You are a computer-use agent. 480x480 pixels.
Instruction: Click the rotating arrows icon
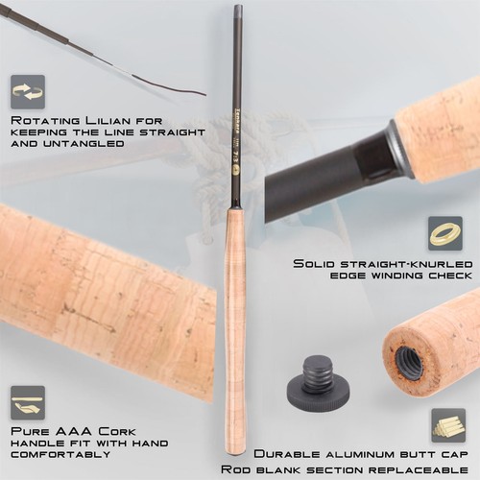[x=28, y=92]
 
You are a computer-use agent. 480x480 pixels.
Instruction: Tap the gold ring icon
[x=445, y=233]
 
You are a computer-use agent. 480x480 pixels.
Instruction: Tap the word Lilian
[x=101, y=122]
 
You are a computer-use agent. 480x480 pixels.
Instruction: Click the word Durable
[x=284, y=452]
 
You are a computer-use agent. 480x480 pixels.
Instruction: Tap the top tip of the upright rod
[x=238, y=8]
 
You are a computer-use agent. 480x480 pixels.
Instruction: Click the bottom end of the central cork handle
[x=235, y=451]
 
